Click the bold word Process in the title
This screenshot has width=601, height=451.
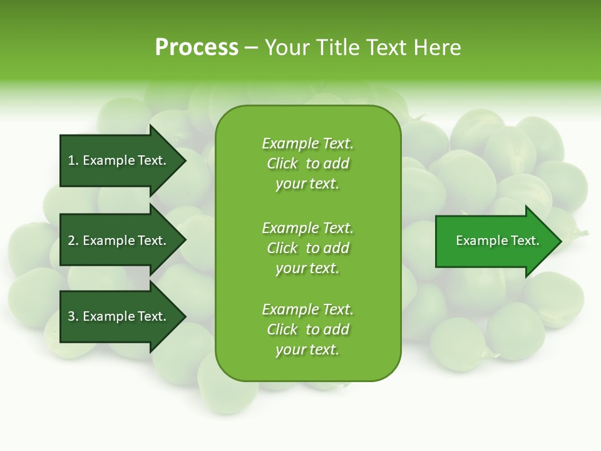coord(197,48)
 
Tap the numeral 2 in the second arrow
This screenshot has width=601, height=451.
coord(71,241)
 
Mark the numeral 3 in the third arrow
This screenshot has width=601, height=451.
coord(71,317)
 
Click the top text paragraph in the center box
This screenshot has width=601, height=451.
coord(307,163)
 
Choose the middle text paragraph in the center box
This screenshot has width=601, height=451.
coord(307,247)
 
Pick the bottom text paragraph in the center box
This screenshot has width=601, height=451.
coord(307,329)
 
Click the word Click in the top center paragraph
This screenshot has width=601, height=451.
coord(282,163)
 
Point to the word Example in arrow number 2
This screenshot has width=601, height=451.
coord(108,241)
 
